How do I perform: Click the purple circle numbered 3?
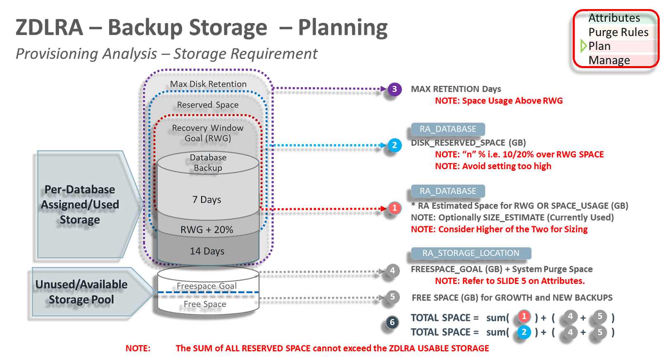(x=395, y=89)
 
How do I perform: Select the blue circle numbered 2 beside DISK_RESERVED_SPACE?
(x=395, y=145)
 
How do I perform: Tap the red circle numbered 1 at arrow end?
(x=395, y=208)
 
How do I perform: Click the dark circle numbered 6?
(x=392, y=322)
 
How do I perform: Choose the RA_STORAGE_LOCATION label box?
(x=471, y=253)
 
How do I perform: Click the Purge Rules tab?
(x=622, y=32)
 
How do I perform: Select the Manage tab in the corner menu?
(x=622, y=60)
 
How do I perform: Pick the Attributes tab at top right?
(x=622, y=18)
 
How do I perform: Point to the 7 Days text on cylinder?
(x=207, y=200)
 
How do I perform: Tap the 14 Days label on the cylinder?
(x=207, y=251)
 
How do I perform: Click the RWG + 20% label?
(x=207, y=230)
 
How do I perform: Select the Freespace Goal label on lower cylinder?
(x=207, y=286)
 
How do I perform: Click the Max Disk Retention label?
(x=208, y=84)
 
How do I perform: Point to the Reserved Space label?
(x=208, y=105)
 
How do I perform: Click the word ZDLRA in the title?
(x=50, y=28)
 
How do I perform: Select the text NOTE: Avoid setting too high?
(x=493, y=166)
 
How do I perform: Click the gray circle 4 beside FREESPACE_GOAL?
(x=392, y=271)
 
